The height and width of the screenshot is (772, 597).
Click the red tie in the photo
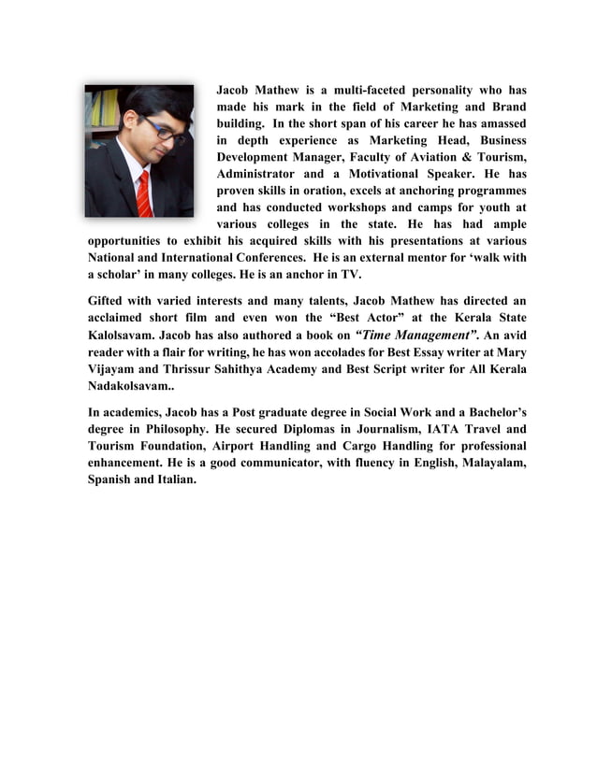click(x=145, y=193)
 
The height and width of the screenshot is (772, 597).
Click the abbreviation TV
click(x=351, y=275)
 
